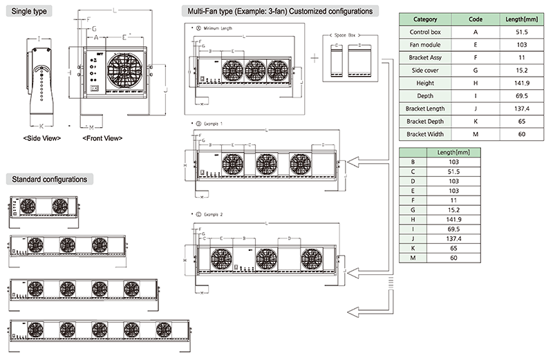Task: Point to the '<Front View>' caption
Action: pyautogui.click(x=102, y=138)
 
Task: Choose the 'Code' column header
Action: pyautogui.click(x=475, y=19)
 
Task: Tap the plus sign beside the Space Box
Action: pyautogui.click(x=315, y=57)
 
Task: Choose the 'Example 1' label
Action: pyautogui.click(x=212, y=123)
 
